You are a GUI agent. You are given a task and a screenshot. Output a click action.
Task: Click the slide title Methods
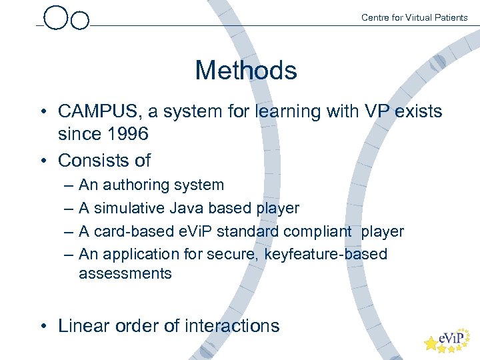(x=245, y=70)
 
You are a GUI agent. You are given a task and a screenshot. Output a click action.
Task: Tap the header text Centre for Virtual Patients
(x=414, y=17)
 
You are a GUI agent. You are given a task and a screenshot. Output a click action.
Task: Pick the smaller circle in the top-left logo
(x=79, y=21)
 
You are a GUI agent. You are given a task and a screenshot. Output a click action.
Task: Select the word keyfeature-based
(x=326, y=254)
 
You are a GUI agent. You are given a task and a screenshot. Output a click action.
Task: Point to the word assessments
(x=125, y=273)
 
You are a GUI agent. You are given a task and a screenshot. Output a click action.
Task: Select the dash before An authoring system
(x=69, y=185)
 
